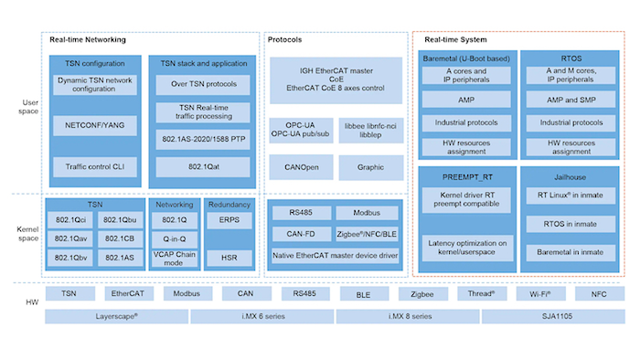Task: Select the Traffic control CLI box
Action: (94, 166)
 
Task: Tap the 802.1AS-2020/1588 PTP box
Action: (202, 140)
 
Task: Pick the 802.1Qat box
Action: (202, 166)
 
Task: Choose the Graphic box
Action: (369, 166)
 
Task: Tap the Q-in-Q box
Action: (174, 238)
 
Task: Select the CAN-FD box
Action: (299, 235)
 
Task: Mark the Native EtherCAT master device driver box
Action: (336, 256)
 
